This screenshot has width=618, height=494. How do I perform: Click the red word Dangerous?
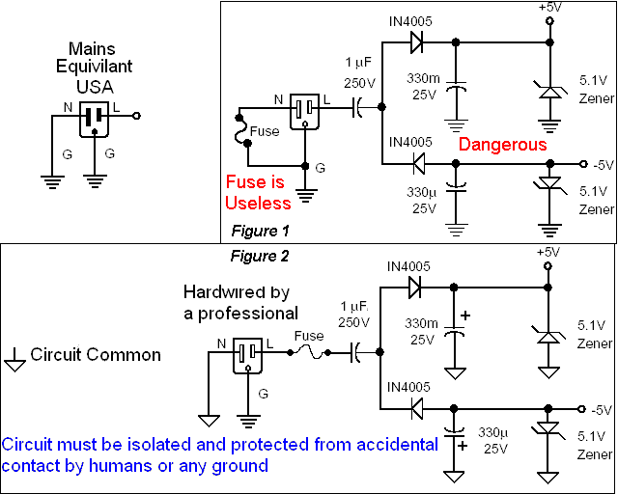point(502,145)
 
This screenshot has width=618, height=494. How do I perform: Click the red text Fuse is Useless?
point(258,191)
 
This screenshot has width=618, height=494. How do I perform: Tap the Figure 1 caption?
point(260,231)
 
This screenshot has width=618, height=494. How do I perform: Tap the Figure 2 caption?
point(260,256)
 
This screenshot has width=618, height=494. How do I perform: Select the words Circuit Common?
point(96,354)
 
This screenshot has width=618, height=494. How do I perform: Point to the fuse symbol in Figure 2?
point(308,352)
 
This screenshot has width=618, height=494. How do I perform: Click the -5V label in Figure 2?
point(601,408)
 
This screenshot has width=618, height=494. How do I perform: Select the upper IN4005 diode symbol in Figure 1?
point(416,42)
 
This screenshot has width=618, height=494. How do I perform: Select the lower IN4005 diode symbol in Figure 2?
point(416,409)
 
